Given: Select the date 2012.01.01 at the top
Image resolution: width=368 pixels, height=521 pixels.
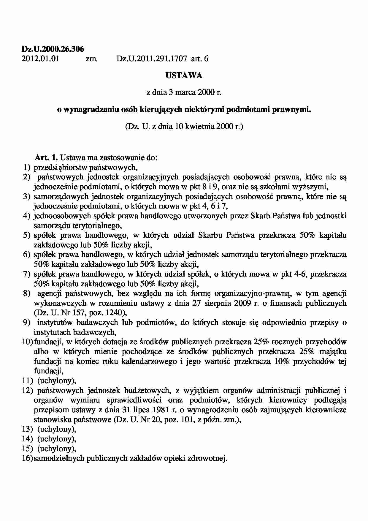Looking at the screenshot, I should [40, 59].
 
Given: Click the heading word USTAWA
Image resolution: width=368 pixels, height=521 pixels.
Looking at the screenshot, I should [184, 76].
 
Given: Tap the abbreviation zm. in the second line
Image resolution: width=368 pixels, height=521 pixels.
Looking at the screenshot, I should [92, 59].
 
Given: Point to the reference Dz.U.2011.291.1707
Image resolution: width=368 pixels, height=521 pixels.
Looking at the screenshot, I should [152, 59].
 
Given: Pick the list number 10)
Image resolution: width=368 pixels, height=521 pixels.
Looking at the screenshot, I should [27, 342].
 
